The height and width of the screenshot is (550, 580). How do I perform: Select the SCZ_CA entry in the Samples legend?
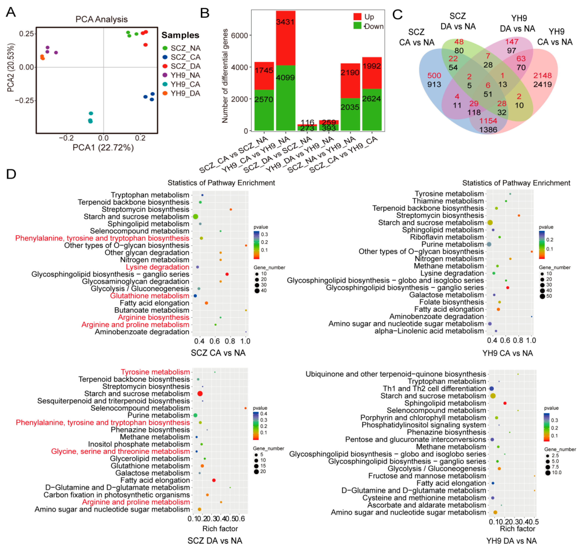(x=185, y=57)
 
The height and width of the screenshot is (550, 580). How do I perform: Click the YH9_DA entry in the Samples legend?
(x=185, y=94)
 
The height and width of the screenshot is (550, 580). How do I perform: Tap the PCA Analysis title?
(x=101, y=19)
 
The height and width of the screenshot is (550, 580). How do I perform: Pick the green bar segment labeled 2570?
(x=264, y=110)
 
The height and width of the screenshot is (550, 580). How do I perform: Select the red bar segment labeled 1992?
(x=372, y=73)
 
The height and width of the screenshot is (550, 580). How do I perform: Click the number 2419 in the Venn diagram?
(x=542, y=84)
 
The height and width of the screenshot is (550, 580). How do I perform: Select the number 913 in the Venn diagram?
(x=434, y=84)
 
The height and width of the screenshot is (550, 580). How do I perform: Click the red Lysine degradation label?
(x=157, y=267)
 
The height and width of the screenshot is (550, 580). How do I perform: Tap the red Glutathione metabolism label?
(x=149, y=296)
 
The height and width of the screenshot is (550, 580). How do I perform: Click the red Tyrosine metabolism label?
(x=155, y=372)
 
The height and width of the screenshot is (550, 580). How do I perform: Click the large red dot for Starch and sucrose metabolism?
(x=200, y=394)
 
